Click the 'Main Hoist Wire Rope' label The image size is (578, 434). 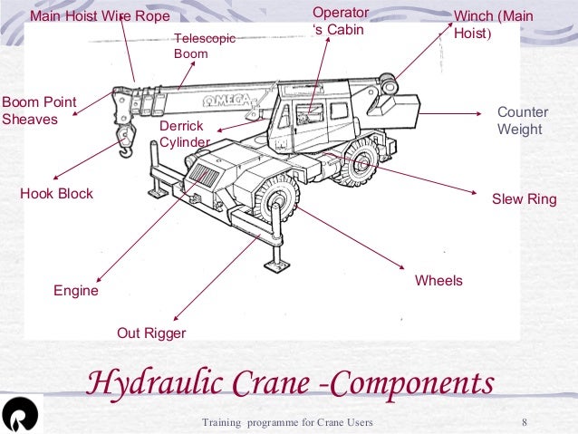pos(100,15)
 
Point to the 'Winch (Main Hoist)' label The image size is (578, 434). pos(493,24)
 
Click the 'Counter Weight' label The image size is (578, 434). pos(523,121)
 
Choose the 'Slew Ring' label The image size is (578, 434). pos(524,199)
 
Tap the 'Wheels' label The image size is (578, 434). pos(438,281)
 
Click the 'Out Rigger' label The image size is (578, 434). pos(151,333)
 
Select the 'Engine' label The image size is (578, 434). pos(76,292)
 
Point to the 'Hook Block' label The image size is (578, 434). pos(56,194)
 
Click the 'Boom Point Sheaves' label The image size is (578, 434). pos(39,111)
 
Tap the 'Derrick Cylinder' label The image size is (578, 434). pos(184,134)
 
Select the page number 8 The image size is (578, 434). pos(525,423)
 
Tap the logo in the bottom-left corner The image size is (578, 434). pos(20,415)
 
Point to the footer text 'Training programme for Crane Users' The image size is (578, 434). pos(287,423)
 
